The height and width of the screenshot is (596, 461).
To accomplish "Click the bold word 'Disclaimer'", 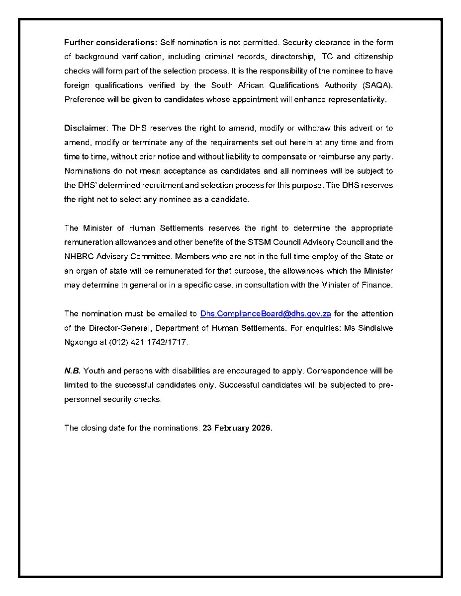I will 85,128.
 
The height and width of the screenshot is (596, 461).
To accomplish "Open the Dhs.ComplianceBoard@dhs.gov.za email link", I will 266,314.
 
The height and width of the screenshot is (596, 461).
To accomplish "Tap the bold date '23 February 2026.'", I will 237,428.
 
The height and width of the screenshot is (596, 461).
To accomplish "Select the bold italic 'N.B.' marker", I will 72,371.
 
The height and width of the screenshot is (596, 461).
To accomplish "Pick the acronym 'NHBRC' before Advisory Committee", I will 78,257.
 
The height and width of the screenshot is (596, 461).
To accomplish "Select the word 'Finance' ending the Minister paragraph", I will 377,286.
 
